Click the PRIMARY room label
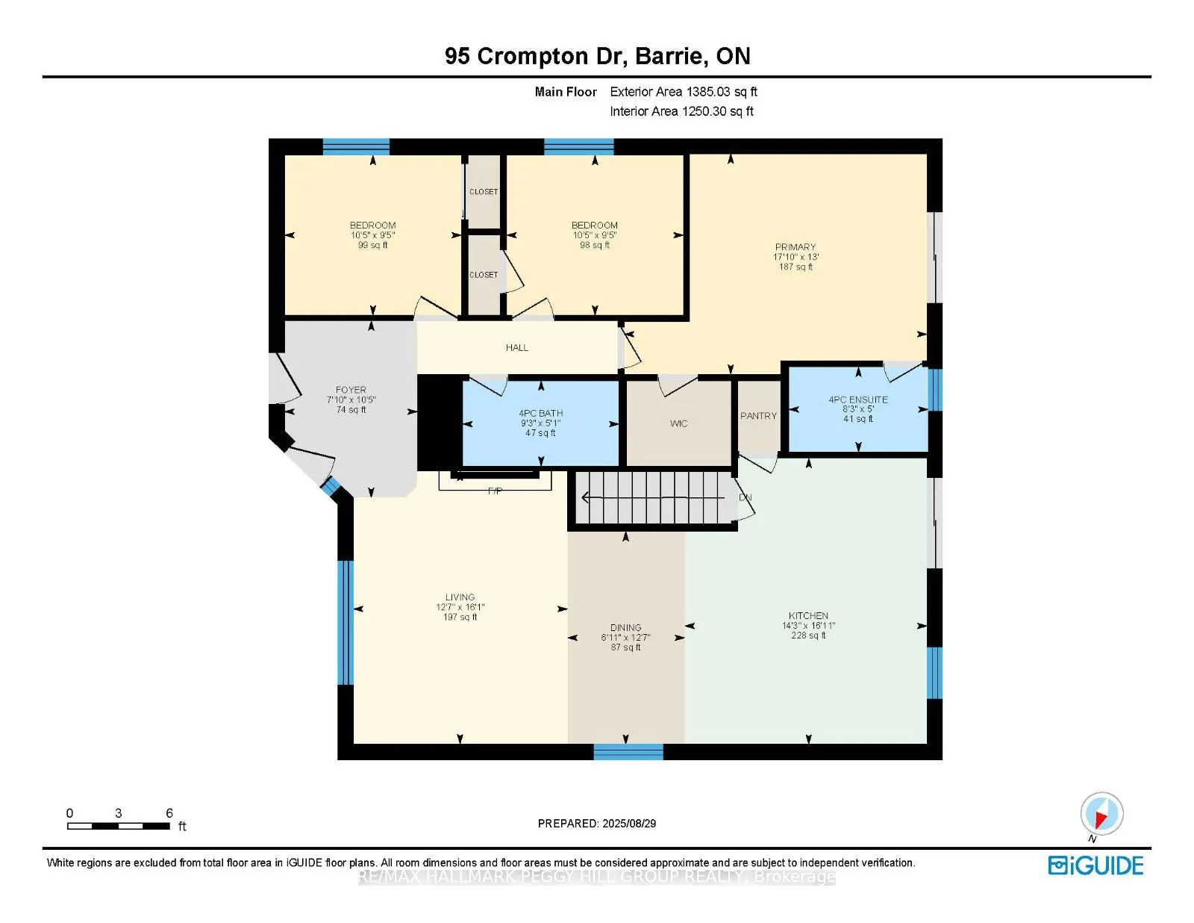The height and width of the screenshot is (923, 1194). point(796,247)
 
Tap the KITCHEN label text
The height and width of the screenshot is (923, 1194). point(808,616)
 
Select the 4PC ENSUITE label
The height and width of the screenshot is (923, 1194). point(858,400)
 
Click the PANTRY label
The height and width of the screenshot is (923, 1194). point(758,416)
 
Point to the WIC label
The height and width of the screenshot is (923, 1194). point(678,423)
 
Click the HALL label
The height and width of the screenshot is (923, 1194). point(516,348)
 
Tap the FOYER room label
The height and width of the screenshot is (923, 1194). point(351,390)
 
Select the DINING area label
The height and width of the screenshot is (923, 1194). point(625,628)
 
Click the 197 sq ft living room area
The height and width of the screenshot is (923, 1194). point(460,617)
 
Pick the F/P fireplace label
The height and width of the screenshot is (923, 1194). point(495,491)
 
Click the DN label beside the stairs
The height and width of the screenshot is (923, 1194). point(745,497)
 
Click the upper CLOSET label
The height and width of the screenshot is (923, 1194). point(484,192)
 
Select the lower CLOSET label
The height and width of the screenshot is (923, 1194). point(484,275)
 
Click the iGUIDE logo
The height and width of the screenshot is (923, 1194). point(1095,865)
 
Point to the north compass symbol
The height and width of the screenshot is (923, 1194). point(1101,814)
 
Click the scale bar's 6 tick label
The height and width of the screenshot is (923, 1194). point(169,813)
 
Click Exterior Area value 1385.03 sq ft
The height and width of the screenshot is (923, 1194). point(721,92)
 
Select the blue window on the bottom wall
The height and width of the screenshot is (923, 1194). point(628,752)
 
